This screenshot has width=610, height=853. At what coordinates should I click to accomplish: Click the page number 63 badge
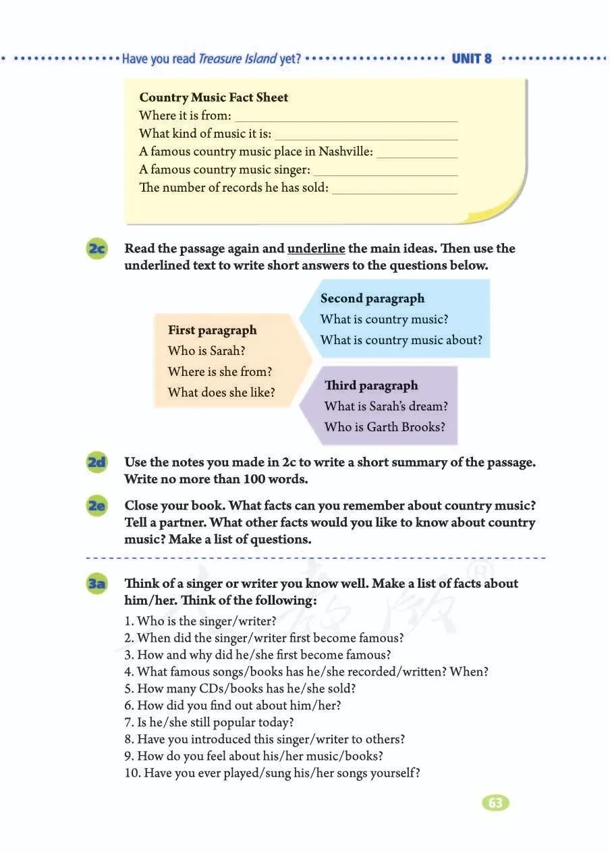click(495, 802)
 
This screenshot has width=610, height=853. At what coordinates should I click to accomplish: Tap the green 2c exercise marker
click(97, 248)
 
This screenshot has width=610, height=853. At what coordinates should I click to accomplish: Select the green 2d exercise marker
click(97, 462)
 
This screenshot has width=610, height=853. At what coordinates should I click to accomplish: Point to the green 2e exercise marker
click(97, 505)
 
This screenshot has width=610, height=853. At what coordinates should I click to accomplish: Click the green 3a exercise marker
click(97, 583)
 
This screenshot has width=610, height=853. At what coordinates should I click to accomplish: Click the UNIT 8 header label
click(472, 59)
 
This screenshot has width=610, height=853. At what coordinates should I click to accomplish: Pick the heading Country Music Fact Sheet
click(213, 97)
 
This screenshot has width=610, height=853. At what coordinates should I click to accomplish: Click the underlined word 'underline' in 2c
click(316, 248)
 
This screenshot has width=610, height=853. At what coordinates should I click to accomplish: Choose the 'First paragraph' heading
click(212, 330)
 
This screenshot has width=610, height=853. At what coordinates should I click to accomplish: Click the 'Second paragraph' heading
click(372, 298)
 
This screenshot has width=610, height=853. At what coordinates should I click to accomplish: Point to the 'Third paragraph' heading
click(371, 385)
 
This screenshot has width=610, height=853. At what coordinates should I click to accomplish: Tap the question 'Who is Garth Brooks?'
click(385, 426)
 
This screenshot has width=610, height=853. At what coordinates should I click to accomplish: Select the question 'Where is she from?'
click(220, 371)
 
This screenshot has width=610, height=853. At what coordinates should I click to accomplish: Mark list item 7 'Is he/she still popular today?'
click(209, 722)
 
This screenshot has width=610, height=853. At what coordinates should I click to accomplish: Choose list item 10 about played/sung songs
click(272, 773)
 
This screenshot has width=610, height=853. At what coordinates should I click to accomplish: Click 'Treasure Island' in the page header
click(238, 59)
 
